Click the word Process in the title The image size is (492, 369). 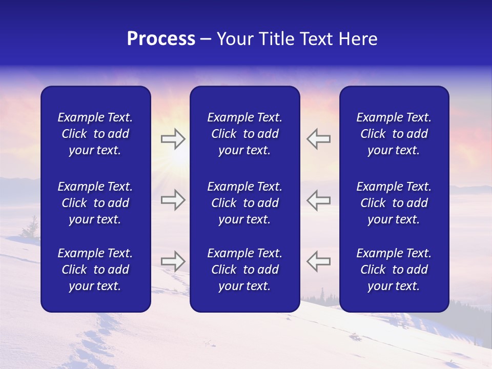(x=161, y=39)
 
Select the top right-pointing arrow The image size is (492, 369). (x=173, y=139)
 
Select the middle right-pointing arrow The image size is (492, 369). (x=173, y=200)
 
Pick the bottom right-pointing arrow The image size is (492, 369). (x=173, y=261)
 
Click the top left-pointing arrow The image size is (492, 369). (x=318, y=139)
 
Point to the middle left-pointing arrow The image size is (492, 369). (x=318, y=200)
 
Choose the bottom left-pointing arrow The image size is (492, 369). (x=318, y=261)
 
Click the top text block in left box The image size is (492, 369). (x=95, y=134)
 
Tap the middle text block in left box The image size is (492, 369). (x=95, y=203)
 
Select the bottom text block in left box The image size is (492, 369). (x=95, y=270)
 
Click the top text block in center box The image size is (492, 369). (x=244, y=134)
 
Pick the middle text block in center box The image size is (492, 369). (x=244, y=203)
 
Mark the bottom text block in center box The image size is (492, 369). (x=244, y=270)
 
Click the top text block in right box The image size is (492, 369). (x=394, y=134)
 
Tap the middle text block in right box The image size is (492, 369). (x=394, y=203)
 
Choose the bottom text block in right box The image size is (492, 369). (x=394, y=270)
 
